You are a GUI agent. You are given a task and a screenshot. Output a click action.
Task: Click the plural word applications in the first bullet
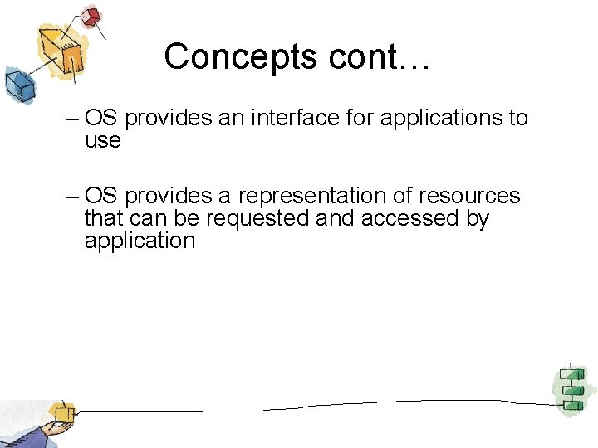tap(440, 118)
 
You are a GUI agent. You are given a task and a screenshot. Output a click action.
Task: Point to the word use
tap(102, 141)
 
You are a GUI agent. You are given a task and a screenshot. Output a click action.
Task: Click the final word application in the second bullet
tap(140, 241)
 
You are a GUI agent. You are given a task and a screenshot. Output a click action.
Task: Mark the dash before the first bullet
tap(71, 119)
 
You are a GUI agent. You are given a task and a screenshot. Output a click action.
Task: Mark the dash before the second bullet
tap(71, 197)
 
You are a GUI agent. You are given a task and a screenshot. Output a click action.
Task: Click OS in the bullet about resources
tap(101, 196)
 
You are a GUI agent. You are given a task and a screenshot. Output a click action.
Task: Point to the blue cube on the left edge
tap(17, 84)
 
